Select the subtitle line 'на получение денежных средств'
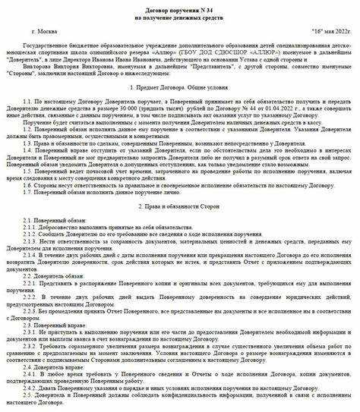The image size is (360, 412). [x=179, y=15]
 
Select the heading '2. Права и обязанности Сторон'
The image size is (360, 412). [x=179, y=206]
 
